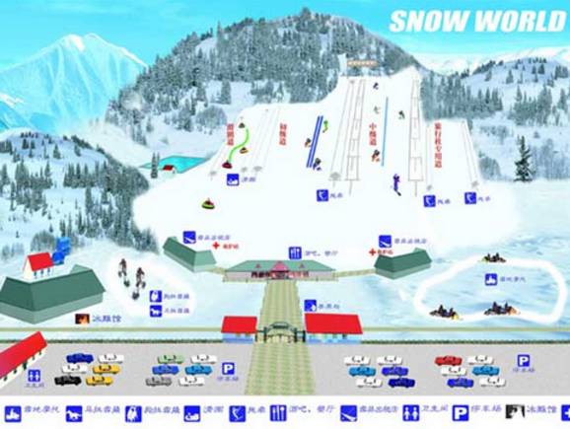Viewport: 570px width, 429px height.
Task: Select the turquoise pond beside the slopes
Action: [x=178, y=163]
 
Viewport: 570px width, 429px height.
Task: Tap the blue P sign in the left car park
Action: [x=228, y=367]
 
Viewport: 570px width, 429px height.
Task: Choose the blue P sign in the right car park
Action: [x=524, y=361]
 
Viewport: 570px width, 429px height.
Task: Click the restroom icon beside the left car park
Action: [x=35, y=375]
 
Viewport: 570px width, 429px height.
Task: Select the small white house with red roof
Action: [x=39, y=263]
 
